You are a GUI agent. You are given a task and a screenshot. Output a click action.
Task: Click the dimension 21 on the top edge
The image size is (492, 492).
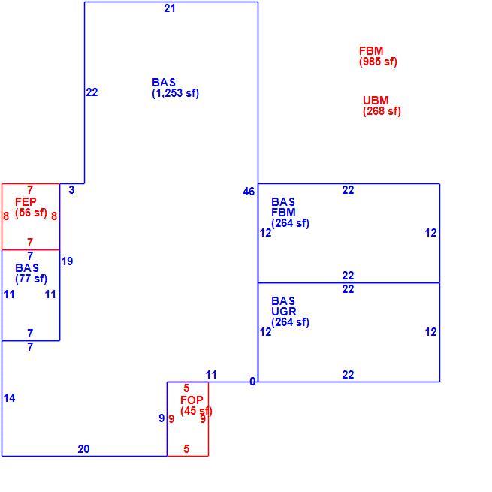coord(170,8)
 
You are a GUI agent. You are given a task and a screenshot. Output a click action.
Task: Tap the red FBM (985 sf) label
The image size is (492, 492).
coord(378,56)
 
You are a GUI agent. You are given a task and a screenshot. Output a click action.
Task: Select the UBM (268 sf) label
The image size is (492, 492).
coord(382,106)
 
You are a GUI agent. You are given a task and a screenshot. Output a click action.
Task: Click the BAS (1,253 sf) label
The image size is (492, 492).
coord(175,88)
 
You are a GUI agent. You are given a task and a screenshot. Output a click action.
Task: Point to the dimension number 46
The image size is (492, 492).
coord(249,192)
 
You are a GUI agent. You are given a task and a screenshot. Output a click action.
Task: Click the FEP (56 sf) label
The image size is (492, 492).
coord(31,207)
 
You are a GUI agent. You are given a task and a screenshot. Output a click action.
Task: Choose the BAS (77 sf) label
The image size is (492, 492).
coord(31,273)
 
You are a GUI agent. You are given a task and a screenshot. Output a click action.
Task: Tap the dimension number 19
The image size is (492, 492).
coord(67,261)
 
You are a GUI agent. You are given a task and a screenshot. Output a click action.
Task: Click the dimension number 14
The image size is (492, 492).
coord(10,398)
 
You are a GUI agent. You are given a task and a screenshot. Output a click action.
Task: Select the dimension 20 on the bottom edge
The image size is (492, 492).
coord(83,449)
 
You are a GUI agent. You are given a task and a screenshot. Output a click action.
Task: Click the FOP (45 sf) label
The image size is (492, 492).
coord(196,406)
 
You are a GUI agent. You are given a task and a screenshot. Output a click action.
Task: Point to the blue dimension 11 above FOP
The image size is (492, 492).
coord(211,375)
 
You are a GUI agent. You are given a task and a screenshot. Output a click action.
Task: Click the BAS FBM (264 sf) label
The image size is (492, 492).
coord(290,213)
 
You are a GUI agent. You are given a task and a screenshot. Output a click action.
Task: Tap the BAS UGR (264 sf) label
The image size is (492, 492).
coord(290,312)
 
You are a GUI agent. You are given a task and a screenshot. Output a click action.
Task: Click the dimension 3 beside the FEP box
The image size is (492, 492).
coord(71,190)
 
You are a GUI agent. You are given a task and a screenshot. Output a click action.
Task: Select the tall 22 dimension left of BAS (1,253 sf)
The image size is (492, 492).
coord(92,92)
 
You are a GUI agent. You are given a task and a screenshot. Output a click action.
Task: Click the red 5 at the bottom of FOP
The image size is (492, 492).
coord(186,449)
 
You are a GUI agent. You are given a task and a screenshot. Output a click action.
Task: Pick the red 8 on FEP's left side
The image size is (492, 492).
coord(6,216)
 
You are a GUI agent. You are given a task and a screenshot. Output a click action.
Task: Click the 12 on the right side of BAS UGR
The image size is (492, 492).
coord(431,332)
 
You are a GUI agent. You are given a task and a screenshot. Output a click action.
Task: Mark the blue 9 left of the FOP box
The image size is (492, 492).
coord(161,418)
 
